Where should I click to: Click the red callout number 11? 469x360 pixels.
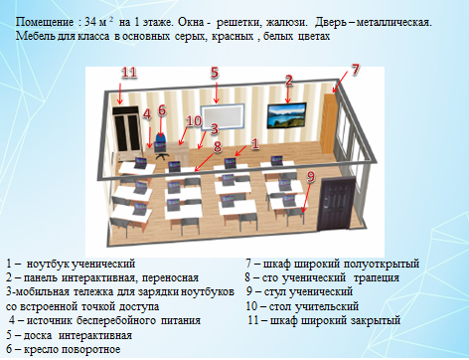click(129, 73)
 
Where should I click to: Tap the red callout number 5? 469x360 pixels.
click(215, 73)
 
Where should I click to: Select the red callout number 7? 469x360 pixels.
click(355, 70)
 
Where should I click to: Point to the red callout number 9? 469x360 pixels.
click(310, 177)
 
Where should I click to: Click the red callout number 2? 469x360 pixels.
click(289, 81)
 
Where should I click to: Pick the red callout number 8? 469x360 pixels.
click(218, 146)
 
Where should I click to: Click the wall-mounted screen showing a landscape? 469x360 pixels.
click(287, 115)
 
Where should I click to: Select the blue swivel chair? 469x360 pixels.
click(161, 146)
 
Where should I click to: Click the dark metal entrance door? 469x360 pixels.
click(336, 204)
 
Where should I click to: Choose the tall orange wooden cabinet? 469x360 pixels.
click(329, 124)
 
